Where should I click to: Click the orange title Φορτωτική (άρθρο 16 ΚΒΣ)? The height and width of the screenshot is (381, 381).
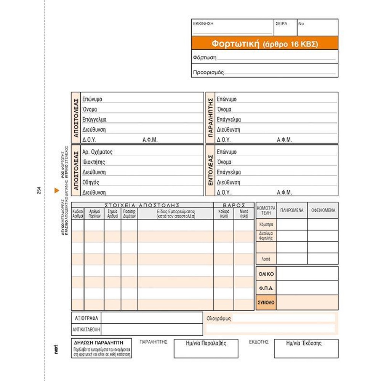(x=264, y=43)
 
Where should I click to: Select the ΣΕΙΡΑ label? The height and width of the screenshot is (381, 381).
(x=281, y=24)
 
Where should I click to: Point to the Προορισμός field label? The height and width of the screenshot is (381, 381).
(x=208, y=72)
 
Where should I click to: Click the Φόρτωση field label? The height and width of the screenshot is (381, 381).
(x=205, y=58)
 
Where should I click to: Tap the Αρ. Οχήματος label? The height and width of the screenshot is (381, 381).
(x=98, y=152)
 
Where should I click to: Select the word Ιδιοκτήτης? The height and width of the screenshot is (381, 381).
(x=94, y=162)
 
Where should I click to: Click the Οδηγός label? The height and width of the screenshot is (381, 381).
(x=91, y=182)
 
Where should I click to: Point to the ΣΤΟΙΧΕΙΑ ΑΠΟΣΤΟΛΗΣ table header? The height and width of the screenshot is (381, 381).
(x=142, y=205)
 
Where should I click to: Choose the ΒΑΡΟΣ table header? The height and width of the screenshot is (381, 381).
(x=234, y=205)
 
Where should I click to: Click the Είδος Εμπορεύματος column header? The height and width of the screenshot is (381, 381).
(x=176, y=213)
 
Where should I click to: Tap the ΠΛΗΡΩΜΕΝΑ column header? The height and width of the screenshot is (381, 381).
(x=292, y=210)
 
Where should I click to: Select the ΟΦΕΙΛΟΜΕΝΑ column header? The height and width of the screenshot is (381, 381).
(x=323, y=210)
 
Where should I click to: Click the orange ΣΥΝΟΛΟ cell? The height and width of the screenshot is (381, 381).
(x=266, y=303)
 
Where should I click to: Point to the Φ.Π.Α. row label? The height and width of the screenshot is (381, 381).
(x=266, y=288)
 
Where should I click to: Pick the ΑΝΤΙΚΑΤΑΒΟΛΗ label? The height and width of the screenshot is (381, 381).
(x=86, y=329)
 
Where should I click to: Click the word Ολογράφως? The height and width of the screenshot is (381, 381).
(x=219, y=319)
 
